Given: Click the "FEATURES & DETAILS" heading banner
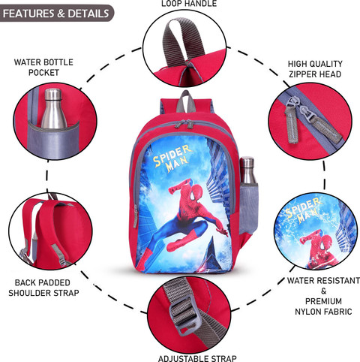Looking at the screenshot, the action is coord(56,14).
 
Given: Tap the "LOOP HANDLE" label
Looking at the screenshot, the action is coord(189,4).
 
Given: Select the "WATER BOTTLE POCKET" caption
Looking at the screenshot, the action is coord(43,68).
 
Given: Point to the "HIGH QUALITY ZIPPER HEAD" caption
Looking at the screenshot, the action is coord(315,69).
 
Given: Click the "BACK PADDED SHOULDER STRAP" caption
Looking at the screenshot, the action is coord(43,288).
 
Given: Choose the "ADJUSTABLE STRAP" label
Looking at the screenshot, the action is coord(197,358).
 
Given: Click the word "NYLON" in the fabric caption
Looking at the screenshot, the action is coord(310,312).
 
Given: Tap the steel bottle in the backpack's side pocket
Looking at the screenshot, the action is coord(247,170).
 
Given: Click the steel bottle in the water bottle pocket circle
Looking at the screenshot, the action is coord(53,108).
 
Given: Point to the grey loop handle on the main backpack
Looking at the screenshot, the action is coord(185,101).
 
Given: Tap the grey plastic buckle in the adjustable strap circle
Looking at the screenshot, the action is coord(185,314).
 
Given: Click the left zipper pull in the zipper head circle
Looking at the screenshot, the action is coord(291,121).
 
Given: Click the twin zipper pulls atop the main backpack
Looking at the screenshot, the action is coord(184,124).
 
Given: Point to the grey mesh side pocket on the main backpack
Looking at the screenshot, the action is coord(248,209).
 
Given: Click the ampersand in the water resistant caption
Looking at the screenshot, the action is coord(324,291).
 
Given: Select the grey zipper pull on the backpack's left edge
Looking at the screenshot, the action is coord(136,216).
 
